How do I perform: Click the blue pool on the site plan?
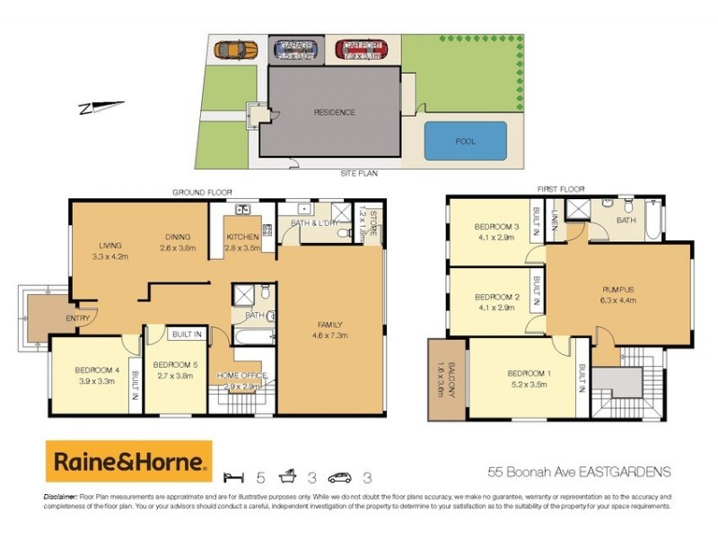click(x=462, y=141)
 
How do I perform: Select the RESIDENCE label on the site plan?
click(x=334, y=112)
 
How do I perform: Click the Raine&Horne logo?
click(x=129, y=462)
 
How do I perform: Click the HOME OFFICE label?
click(x=242, y=375)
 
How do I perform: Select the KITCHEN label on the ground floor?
click(x=241, y=238)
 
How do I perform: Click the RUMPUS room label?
click(x=618, y=289)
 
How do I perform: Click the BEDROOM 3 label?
click(x=497, y=226)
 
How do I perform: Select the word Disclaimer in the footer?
click(x=64, y=496)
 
